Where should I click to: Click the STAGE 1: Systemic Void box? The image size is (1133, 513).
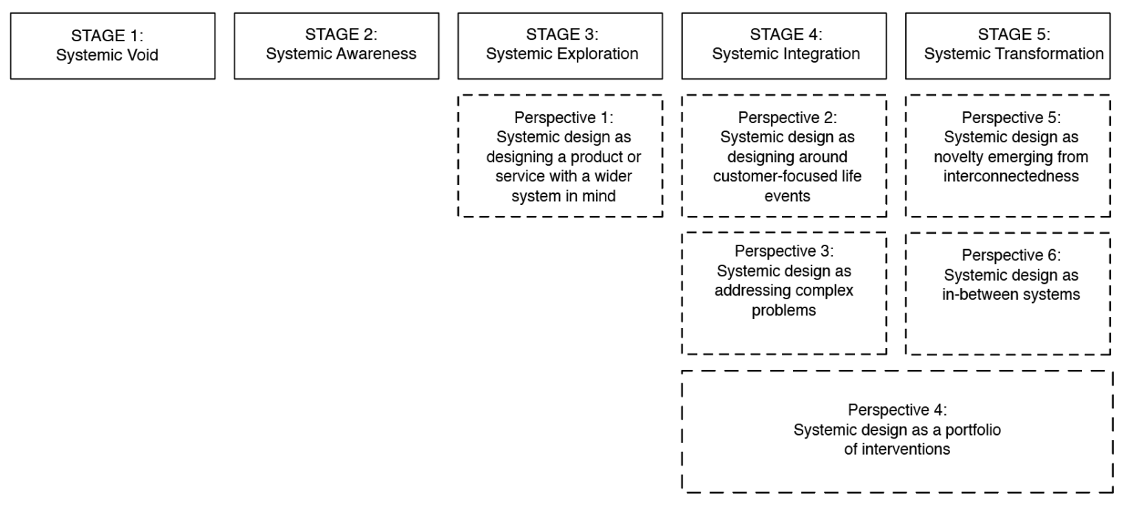coord(113,46)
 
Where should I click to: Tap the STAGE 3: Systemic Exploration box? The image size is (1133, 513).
coord(561,46)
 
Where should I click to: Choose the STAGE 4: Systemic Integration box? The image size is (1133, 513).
coord(784,46)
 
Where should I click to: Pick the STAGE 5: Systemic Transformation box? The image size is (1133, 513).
coord(1008,46)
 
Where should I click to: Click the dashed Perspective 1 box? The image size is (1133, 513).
coord(561,156)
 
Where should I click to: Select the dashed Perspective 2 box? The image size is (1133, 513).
coord(784,156)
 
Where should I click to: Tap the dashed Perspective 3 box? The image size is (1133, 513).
coord(784,293)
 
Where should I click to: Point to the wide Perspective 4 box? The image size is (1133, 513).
coord(897,430)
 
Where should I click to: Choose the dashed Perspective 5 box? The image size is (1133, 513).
coord(1008,156)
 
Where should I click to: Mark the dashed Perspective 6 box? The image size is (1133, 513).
coord(1008,293)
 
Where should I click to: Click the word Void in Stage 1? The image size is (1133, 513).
coord(145,54)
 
